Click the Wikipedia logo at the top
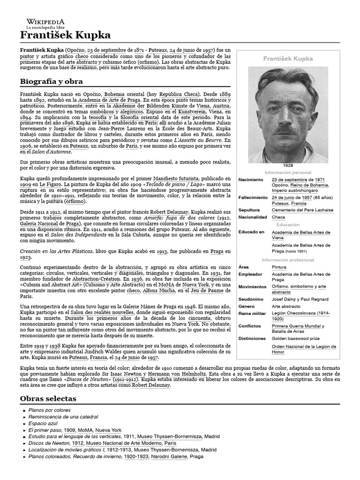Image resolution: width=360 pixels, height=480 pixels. pos(45,24)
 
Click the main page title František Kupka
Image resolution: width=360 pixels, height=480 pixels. pos(65,36)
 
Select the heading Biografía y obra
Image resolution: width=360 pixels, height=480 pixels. pos(51,82)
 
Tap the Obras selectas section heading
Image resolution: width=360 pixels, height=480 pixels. pos(48,398)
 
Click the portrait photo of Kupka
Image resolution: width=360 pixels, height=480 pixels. pos(288,114)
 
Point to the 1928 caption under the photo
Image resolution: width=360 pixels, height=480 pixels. pos(288,166)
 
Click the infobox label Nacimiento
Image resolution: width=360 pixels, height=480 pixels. pos(251,180)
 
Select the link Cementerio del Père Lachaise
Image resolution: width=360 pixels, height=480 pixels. pos(302,210)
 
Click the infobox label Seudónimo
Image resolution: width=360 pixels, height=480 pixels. pos(251,299)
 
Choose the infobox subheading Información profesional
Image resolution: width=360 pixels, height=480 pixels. pos(288,260)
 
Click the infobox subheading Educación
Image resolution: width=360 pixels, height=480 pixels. pos(288,225)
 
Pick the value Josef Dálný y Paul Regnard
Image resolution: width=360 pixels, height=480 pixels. pos(300,299)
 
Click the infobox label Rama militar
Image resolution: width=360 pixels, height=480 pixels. pos(252,313)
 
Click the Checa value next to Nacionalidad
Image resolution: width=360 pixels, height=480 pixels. pos(278,217)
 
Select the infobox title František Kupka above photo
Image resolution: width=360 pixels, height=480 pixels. pos(288,59)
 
